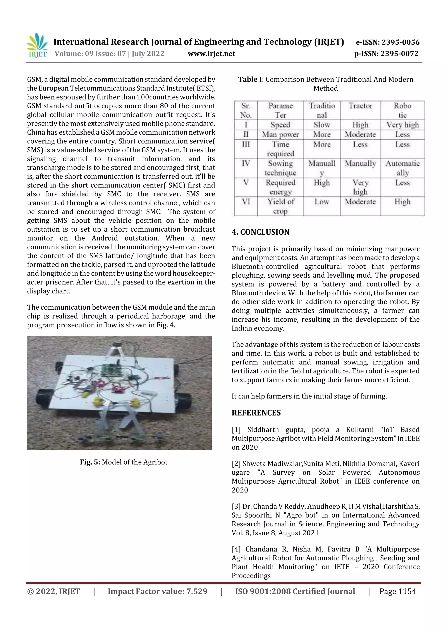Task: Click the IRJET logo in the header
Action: coord(37,45)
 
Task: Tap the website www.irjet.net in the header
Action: coord(211,54)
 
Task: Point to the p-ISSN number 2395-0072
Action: coord(399,54)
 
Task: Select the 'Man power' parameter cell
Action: coord(280,135)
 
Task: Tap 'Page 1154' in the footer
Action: coord(397,591)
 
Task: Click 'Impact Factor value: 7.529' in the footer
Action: coord(157,591)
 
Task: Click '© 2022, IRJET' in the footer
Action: coord(53,591)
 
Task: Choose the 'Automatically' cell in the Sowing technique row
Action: coord(402,168)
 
